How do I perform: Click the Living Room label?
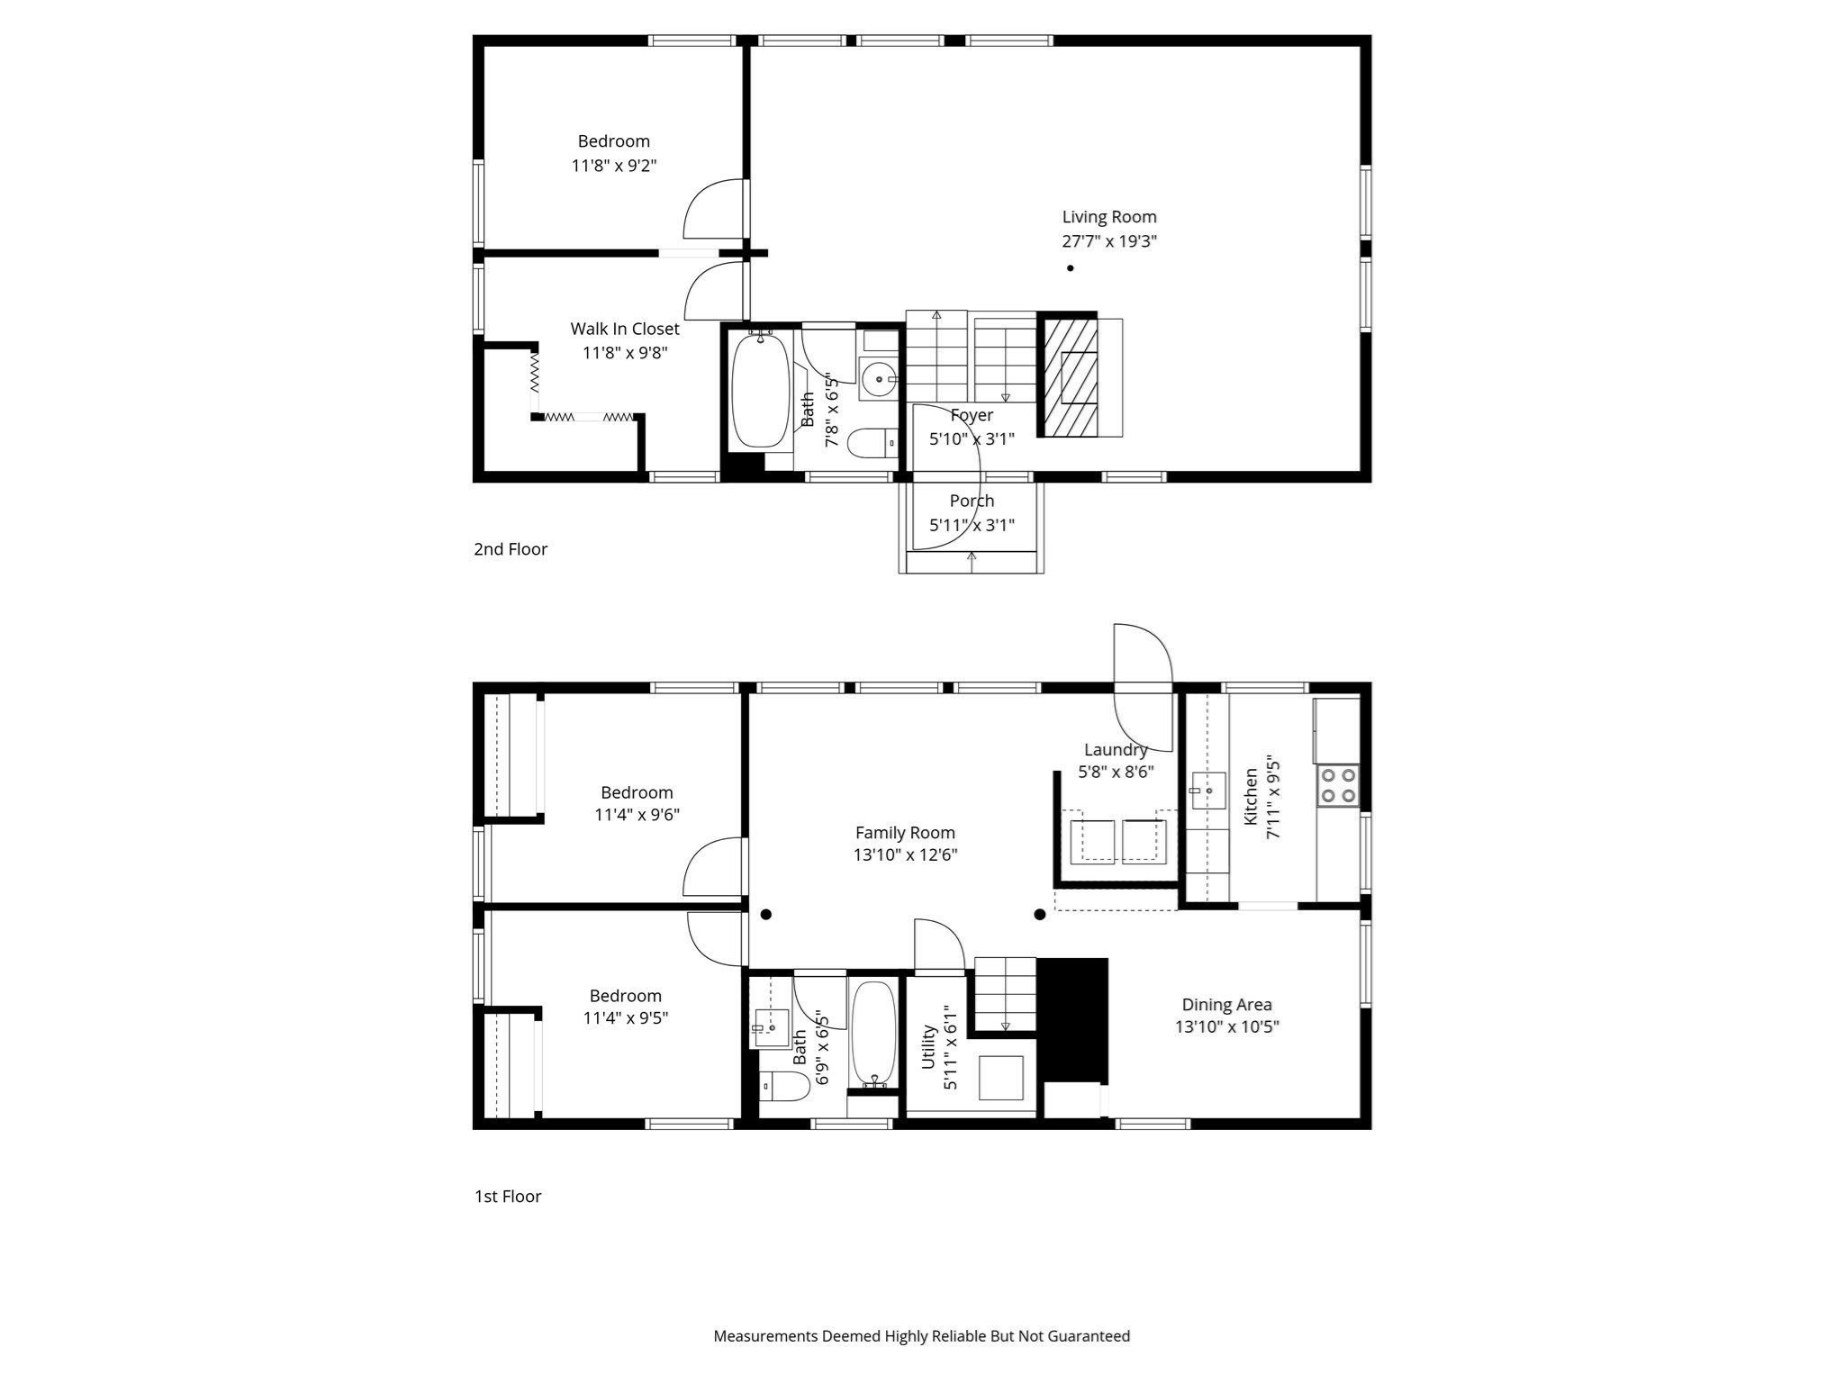[1108, 217]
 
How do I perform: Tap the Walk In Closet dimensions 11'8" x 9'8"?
[625, 353]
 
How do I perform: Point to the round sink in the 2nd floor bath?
[877, 379]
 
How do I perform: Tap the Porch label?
[972, 501]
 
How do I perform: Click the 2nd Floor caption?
[511, 549]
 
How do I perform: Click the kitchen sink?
[1207, 791]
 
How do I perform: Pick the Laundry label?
[1116, 750]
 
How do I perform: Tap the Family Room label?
[905, 833]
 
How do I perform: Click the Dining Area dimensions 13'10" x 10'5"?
[1226, 1027]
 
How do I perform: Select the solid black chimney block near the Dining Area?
[1072, 1018]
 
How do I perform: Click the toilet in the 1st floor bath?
[785, 1087]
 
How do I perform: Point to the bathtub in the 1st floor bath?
[873, 1033]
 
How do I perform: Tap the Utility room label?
[929, 1047]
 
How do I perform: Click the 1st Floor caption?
[508, 1197]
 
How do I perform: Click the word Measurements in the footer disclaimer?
[765, 1336]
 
